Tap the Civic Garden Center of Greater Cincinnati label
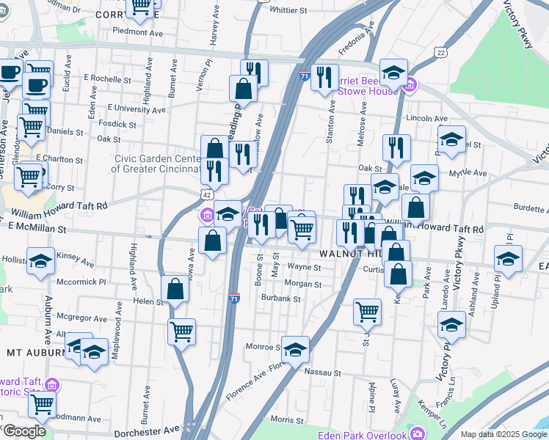pos(156,164)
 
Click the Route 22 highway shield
pos(440,52)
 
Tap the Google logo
pos(24,431)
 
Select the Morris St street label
pos(287,420)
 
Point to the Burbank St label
pos(281,298)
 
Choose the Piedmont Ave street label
pos(137,32)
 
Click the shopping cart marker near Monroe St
pos(181,330)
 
